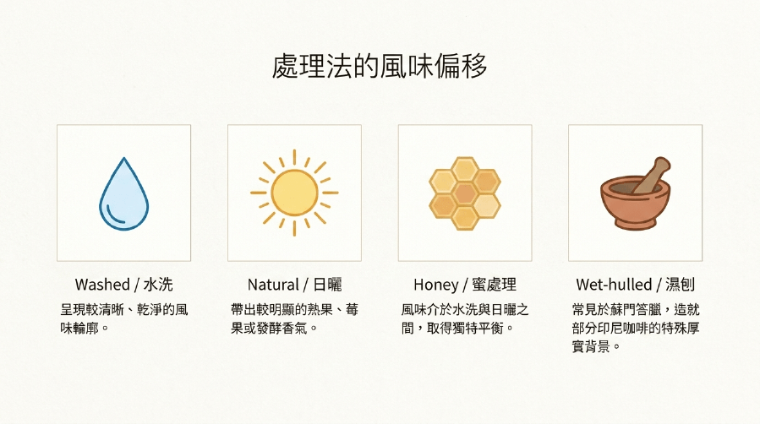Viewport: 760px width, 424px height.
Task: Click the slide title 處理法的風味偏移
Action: point(380,67)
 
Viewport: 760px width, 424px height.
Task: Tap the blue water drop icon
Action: point(123,193)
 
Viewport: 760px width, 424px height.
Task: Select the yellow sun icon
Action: point(294,193)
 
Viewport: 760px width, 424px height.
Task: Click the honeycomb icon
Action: point(465,193)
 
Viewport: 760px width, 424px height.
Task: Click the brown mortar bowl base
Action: point(636,223)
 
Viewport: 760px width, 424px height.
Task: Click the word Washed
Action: point(102,284)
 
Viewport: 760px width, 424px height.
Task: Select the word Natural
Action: point(273,284)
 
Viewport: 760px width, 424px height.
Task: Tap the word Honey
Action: point(435,285)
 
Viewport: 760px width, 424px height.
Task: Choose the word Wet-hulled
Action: point(614,284)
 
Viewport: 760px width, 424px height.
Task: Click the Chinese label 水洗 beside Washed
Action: point(158,284)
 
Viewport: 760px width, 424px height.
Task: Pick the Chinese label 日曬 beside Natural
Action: point(327,284)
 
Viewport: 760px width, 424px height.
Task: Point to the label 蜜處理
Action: point(494,284)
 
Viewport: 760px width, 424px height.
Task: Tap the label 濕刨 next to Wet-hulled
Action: point(680,284)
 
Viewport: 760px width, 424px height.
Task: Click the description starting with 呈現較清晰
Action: point(124,318)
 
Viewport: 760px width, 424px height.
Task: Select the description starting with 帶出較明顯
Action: point(295,318)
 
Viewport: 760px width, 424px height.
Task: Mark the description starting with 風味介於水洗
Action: point(465,318)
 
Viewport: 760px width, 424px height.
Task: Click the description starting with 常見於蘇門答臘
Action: point(636,328)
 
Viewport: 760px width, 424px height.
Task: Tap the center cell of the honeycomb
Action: point(465,193)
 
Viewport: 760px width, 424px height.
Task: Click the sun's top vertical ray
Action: point(294,157)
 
